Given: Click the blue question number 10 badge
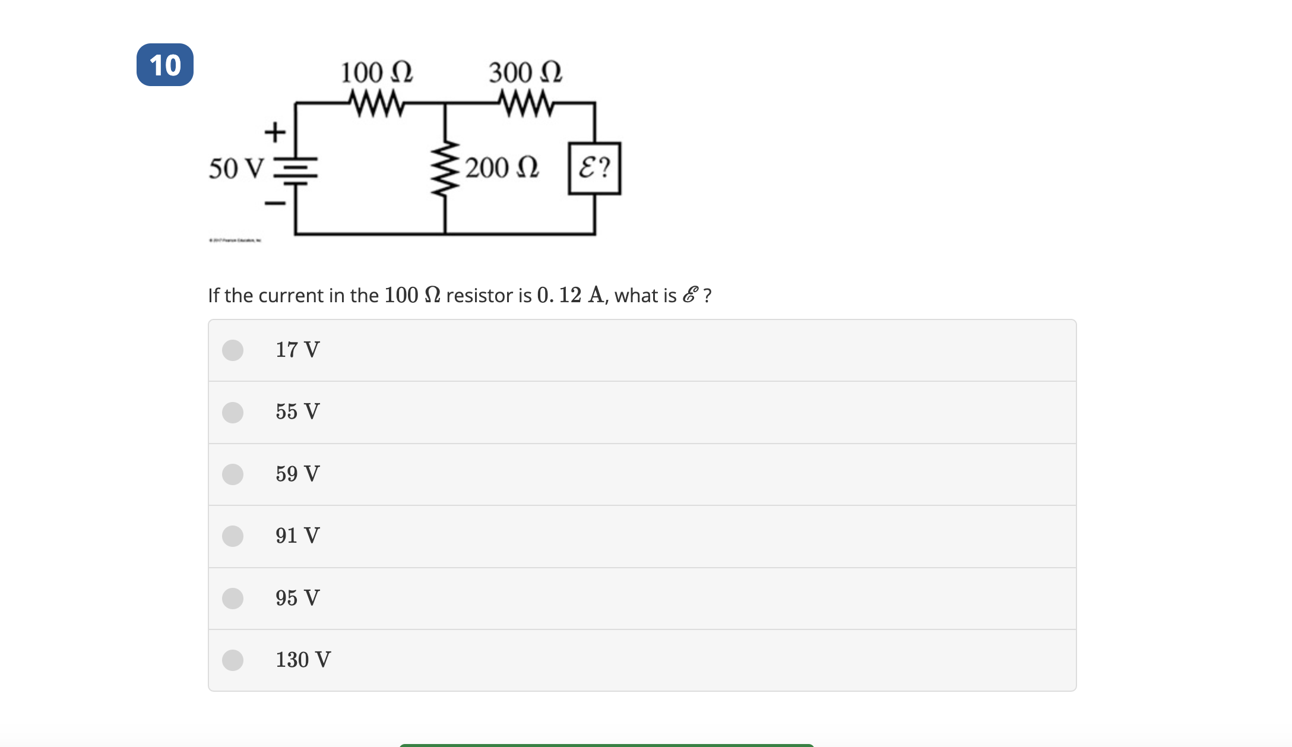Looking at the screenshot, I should (x=164, y=65).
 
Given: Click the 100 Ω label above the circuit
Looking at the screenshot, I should (x=376, y=72).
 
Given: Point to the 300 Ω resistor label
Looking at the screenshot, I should (x=525, y=72).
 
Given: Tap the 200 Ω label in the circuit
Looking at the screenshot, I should (x=502, y=167).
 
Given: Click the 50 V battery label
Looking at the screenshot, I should (x=236, y=168).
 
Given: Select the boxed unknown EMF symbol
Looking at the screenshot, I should (x=594, y=168).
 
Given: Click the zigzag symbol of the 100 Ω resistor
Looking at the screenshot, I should (x=376, y=103).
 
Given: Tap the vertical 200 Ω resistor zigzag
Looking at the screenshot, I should (x=445, y=169).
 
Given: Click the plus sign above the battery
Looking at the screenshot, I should (x=275, y=132).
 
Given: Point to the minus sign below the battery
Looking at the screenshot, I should (x=275, y=204).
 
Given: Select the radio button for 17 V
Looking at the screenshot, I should (x=233, y=350).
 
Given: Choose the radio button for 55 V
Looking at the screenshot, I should (x=233, y=412).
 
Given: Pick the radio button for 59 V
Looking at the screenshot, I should (x=233, y=474).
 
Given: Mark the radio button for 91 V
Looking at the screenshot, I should (x=233, y=536).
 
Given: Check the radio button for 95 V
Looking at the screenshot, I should (x=233, y=599).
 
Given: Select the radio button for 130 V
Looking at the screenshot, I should (x=233, y=660).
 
